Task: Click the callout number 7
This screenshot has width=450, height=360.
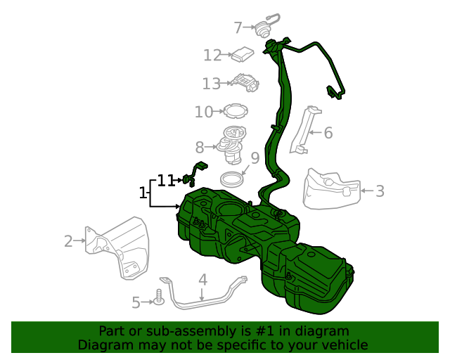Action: point(238,27)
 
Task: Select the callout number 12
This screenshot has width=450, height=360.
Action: point(212,55)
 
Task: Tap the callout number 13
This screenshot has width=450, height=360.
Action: point(212,84)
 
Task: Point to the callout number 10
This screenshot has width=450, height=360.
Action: point(204,112)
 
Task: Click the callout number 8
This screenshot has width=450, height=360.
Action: point(200,147)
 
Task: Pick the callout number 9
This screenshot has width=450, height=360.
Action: point(255,157)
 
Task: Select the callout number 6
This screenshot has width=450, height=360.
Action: point(328,132)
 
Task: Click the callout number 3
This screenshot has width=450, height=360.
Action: point(380,191)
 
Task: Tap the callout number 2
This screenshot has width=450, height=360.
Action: point(68,241)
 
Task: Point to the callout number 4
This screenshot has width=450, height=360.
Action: point(202,280)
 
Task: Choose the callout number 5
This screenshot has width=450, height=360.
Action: point(136,302)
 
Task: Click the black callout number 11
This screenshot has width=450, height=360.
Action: point(165,181)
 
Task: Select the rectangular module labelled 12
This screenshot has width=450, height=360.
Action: point(243,53)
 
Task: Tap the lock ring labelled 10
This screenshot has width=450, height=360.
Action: point(235,111)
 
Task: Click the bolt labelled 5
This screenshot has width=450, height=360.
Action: point(160,299)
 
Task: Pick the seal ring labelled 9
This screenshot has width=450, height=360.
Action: point(232,179)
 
